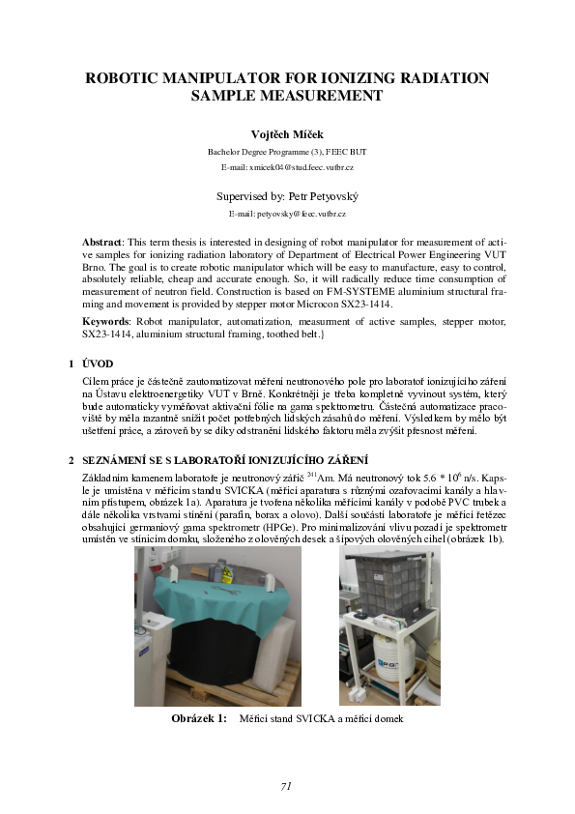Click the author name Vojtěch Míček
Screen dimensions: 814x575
tap(287, 133)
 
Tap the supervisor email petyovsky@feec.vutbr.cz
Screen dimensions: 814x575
tap(287, 212)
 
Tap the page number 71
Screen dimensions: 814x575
tap(286, 786)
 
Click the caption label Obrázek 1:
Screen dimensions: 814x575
tap(198, 718)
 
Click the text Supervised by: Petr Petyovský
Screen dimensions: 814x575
tap(287, 195)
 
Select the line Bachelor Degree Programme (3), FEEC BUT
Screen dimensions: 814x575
tap(287, 152)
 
